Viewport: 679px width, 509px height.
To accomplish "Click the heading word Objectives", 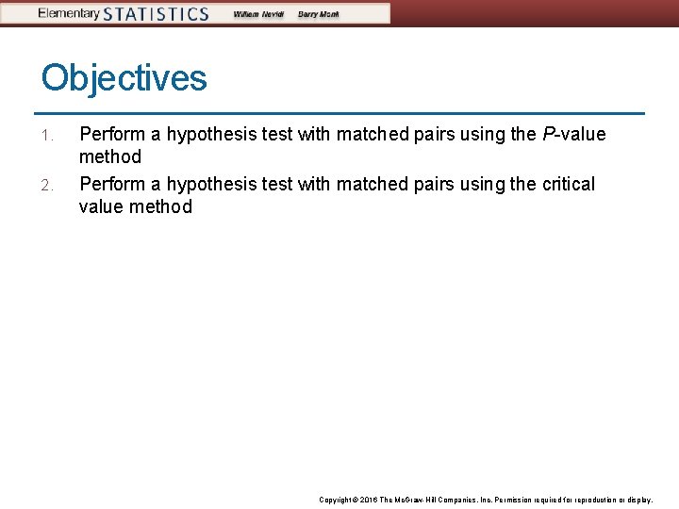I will coord(124,77).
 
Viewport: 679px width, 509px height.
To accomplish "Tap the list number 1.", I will coord(47,136).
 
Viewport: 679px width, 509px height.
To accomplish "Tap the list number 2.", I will coord(47,185).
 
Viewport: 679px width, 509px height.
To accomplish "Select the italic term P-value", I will coord(574,135).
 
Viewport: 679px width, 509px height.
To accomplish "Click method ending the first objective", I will coord(110,157).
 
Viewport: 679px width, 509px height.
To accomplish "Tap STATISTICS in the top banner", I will coord(156,14).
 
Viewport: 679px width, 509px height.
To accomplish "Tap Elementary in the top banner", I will coord(68,13).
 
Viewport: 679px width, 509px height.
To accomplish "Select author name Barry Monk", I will coord(319,14).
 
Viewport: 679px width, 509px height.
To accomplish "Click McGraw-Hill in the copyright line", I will coord(421,500).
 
